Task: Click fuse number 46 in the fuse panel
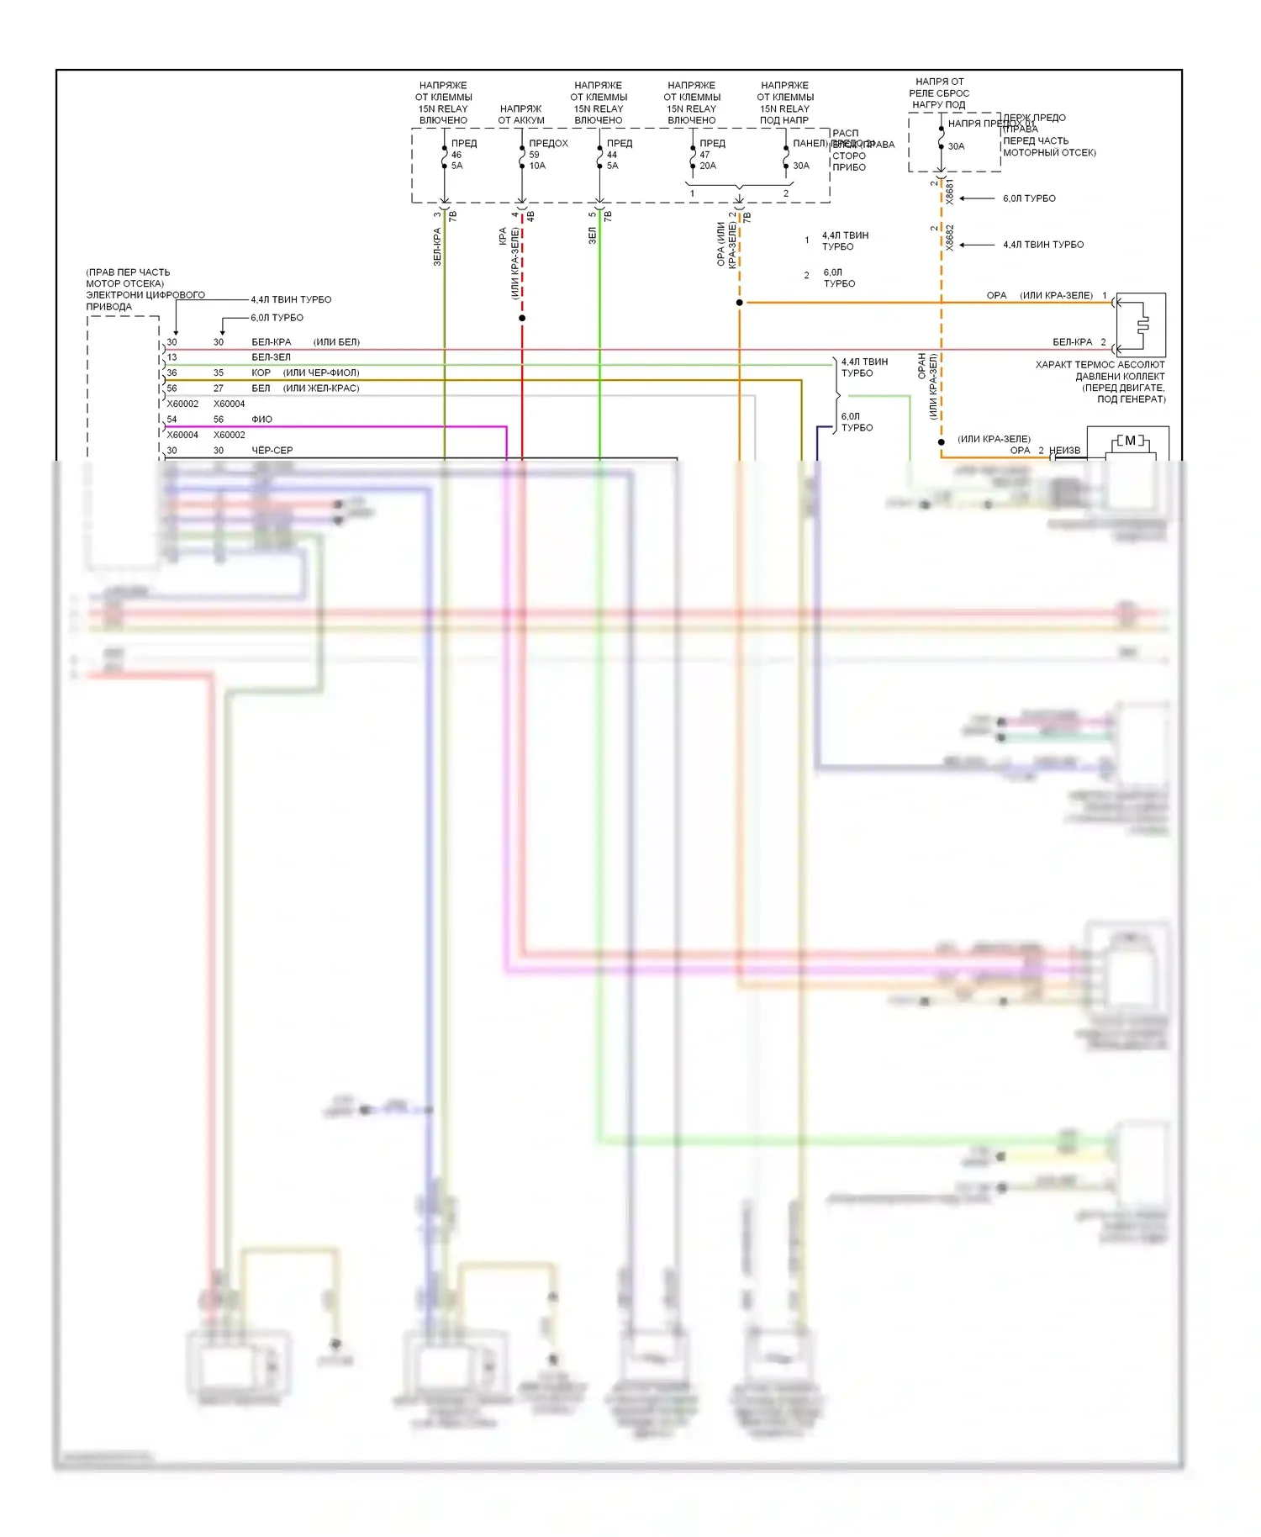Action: click(456, 155)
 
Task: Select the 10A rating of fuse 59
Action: click(537, 166)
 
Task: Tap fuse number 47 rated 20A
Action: click(704, 155)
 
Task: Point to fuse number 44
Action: click(612, 155)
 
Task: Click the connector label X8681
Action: click(950, 191)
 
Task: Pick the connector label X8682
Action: click(950, 237)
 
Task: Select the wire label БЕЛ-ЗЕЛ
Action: click(271, 357)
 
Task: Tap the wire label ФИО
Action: click(261, 419)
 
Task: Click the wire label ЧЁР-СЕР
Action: click(272, 451)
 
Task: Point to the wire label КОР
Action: click(261, 372)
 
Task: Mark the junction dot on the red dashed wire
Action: click(522, 318)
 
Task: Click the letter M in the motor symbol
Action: click(1130, 441)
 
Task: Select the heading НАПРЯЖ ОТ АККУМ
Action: click(521, 114)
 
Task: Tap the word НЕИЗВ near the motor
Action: click(1065, 451)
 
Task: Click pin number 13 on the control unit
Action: click(172, 357)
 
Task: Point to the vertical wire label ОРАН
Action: click(922, 366)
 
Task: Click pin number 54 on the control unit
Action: click(172, 419)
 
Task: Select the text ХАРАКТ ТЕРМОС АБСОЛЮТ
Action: click(1100, 365)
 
